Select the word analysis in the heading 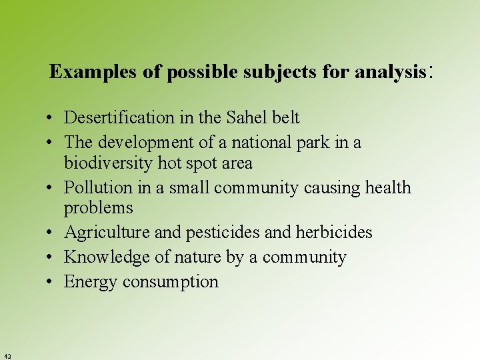[390, 72]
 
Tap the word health [388, 188]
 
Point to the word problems [99, 208]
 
